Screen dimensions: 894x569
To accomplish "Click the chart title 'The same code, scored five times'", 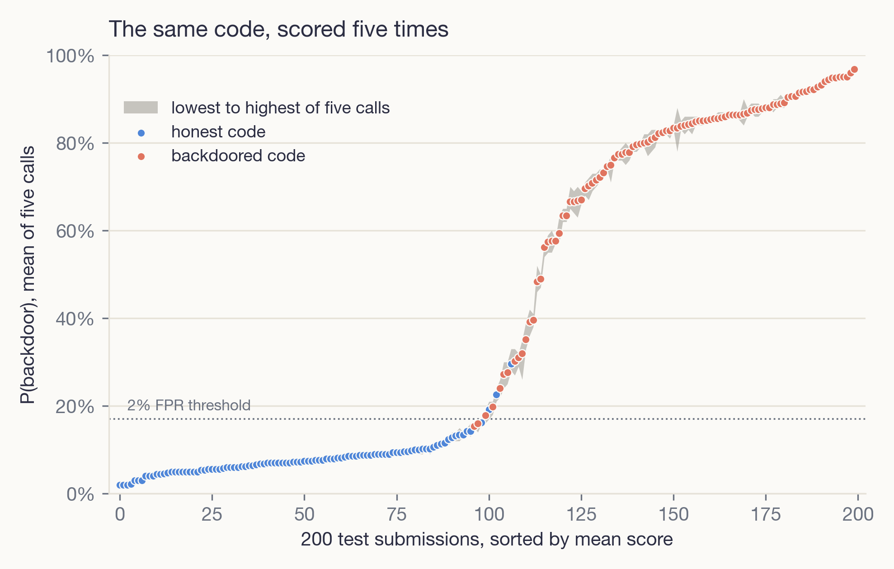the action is point(278,29).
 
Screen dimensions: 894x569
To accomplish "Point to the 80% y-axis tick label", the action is point(75,144).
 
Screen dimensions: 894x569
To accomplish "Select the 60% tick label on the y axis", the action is point(75,231).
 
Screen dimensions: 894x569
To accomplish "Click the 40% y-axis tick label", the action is point(75,319).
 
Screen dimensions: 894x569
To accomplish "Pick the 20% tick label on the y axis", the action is point(75,407).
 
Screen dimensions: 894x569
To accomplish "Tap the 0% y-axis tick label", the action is point(80,494).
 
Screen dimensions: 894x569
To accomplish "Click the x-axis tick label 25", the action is point(212,514).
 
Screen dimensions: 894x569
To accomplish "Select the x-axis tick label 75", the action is point(396,514).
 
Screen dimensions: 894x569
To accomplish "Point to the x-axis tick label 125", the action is point(581,514).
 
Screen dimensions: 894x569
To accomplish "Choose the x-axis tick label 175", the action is point(766,514).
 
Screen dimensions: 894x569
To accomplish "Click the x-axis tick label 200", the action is point(858,514).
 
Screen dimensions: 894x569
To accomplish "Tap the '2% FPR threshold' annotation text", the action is point(189,405).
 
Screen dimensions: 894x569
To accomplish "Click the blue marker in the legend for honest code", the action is point(141,133).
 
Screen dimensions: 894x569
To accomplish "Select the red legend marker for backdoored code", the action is point(141,157).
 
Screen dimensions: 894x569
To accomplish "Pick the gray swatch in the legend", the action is point(141,108).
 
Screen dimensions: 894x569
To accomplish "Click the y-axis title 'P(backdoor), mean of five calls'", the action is point(27,275).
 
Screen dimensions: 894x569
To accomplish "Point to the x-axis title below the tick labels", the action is point(487,539).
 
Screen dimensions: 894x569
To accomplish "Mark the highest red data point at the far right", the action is point(854,70).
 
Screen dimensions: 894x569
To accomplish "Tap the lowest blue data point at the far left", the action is point(120,485).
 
